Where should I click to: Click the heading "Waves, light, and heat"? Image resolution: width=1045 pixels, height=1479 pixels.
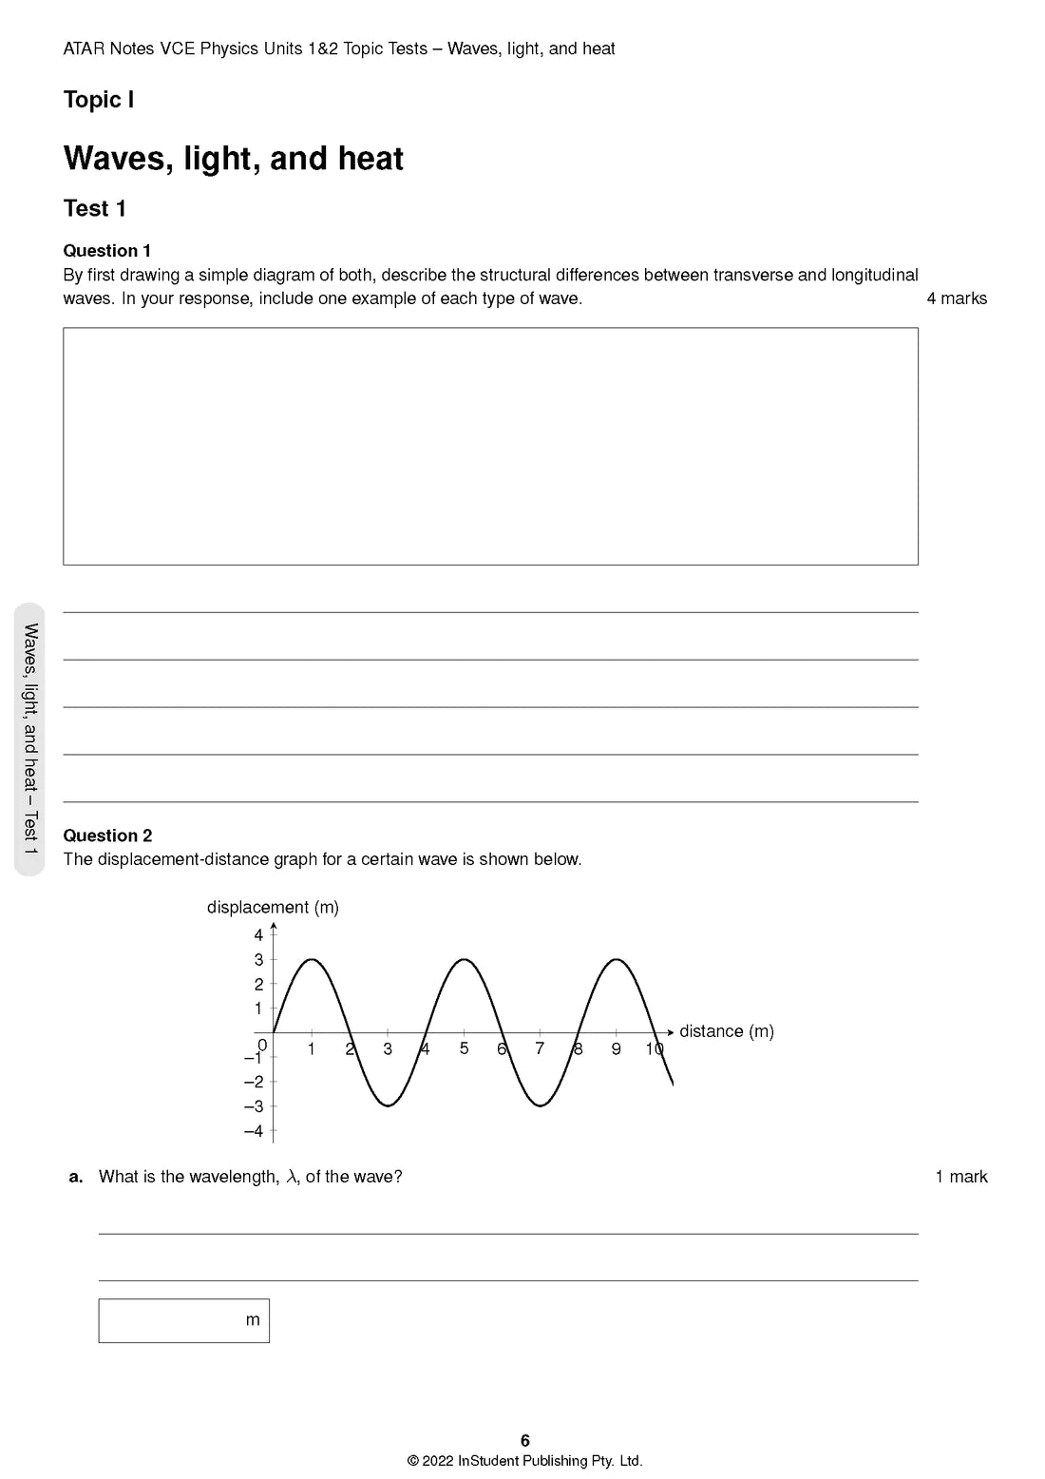(x=233, y=159)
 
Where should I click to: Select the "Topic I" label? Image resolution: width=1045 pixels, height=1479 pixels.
(x=98, y=100)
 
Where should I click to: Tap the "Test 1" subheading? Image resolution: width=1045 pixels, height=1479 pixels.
(x=94, y=208)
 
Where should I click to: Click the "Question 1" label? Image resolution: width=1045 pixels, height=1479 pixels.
(x=106, y=251)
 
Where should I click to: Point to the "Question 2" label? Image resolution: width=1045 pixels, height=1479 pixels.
(x=107, y=836)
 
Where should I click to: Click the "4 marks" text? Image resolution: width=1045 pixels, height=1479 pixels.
(x=957, y=298)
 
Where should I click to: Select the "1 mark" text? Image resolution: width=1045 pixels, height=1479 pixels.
(x=961, y=1177)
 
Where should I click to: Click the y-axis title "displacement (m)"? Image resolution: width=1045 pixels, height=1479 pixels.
(x=273, y=907)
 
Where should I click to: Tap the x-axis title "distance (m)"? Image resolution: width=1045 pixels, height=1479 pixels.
(x=726, y=1031)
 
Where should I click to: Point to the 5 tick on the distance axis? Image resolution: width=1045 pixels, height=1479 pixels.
(x=464, y=1048)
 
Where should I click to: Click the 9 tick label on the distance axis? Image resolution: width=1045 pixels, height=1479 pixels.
(x=616, y=1049)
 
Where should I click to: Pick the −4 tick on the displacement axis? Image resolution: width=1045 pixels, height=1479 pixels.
(x=254, y=1131)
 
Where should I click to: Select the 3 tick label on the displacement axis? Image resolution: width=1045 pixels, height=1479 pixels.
(x=258, y=960)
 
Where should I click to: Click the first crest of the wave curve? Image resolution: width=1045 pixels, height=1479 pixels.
(x=312, y=959)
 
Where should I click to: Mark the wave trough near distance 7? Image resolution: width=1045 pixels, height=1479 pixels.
(x=541, y=1105)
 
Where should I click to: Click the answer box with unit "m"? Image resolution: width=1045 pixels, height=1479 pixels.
(x=183, y=1320)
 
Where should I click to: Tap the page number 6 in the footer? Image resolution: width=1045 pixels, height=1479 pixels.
(x=524, y=1441)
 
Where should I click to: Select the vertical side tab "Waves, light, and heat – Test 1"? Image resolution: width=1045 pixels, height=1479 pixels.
(x=30, y=739)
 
